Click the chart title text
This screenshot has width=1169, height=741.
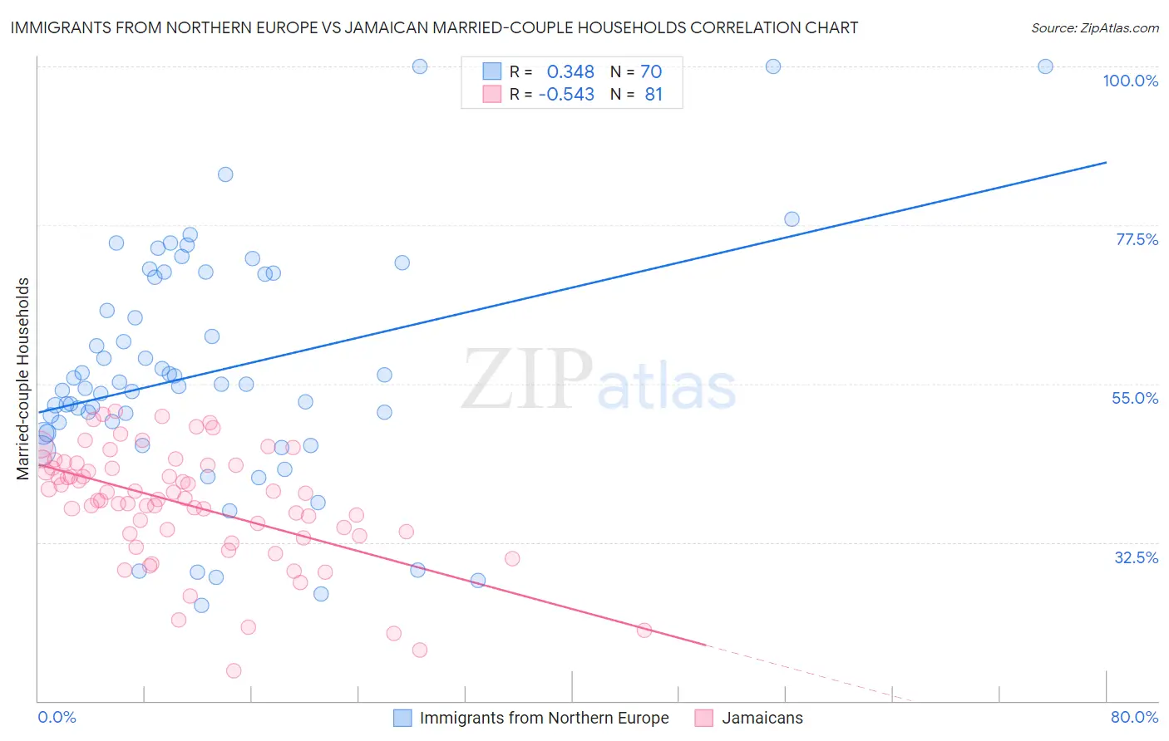[434, 27]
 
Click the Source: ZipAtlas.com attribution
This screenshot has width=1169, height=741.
[1094, 27]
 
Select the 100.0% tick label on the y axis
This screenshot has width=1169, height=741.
[1130, 81]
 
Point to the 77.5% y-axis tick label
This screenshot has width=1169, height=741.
[1136, 239]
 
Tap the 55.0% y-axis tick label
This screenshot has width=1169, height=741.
[1134, 398]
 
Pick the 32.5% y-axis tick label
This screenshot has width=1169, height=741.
[1136, 557]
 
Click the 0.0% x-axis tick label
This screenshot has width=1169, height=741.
[57, 717]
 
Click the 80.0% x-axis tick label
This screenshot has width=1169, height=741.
[1134, 717]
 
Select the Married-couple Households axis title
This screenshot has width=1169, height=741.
[23, 379]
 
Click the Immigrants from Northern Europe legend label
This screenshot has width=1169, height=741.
[544, 718]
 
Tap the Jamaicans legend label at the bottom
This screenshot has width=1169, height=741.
[762, 718]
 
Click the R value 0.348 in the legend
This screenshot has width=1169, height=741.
[570, 71]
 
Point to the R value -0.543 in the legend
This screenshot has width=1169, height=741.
[566, 94]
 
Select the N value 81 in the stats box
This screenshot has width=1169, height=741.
[654, 94]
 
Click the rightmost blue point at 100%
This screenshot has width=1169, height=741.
[1045, 66]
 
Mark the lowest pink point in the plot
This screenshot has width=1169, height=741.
[234, 670]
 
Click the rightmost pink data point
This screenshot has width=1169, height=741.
[644, 630]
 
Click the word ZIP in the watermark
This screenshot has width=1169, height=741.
[527, 379]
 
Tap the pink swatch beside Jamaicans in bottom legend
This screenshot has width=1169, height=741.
[703, 718]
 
